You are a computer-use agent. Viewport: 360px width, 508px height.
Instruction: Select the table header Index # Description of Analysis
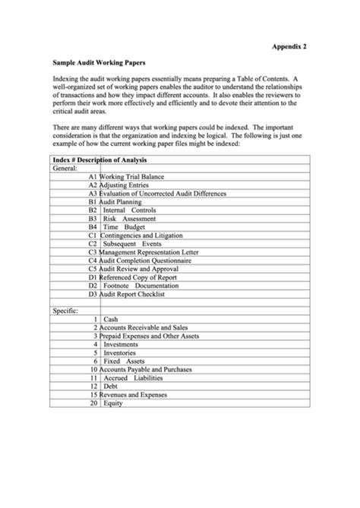tap(99, 160)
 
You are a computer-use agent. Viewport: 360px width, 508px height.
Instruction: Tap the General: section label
tap(66, 169)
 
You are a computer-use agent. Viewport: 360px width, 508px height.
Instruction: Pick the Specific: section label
tap(66, 311)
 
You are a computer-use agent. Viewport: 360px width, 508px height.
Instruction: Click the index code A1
tap(93, 177)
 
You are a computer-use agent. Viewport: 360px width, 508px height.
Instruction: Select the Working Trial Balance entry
tap(132, 177)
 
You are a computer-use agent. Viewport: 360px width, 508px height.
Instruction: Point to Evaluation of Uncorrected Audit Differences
tap(163, 194)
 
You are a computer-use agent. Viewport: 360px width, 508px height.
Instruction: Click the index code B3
tap(93, 219)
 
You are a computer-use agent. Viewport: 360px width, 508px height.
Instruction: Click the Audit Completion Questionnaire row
tap(148, 261)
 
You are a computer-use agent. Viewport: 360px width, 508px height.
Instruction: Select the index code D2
tap(93, 286)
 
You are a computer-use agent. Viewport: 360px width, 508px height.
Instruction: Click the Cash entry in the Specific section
tap(110, 320)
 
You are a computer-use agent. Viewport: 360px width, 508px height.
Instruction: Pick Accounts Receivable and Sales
tap(145, 328)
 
